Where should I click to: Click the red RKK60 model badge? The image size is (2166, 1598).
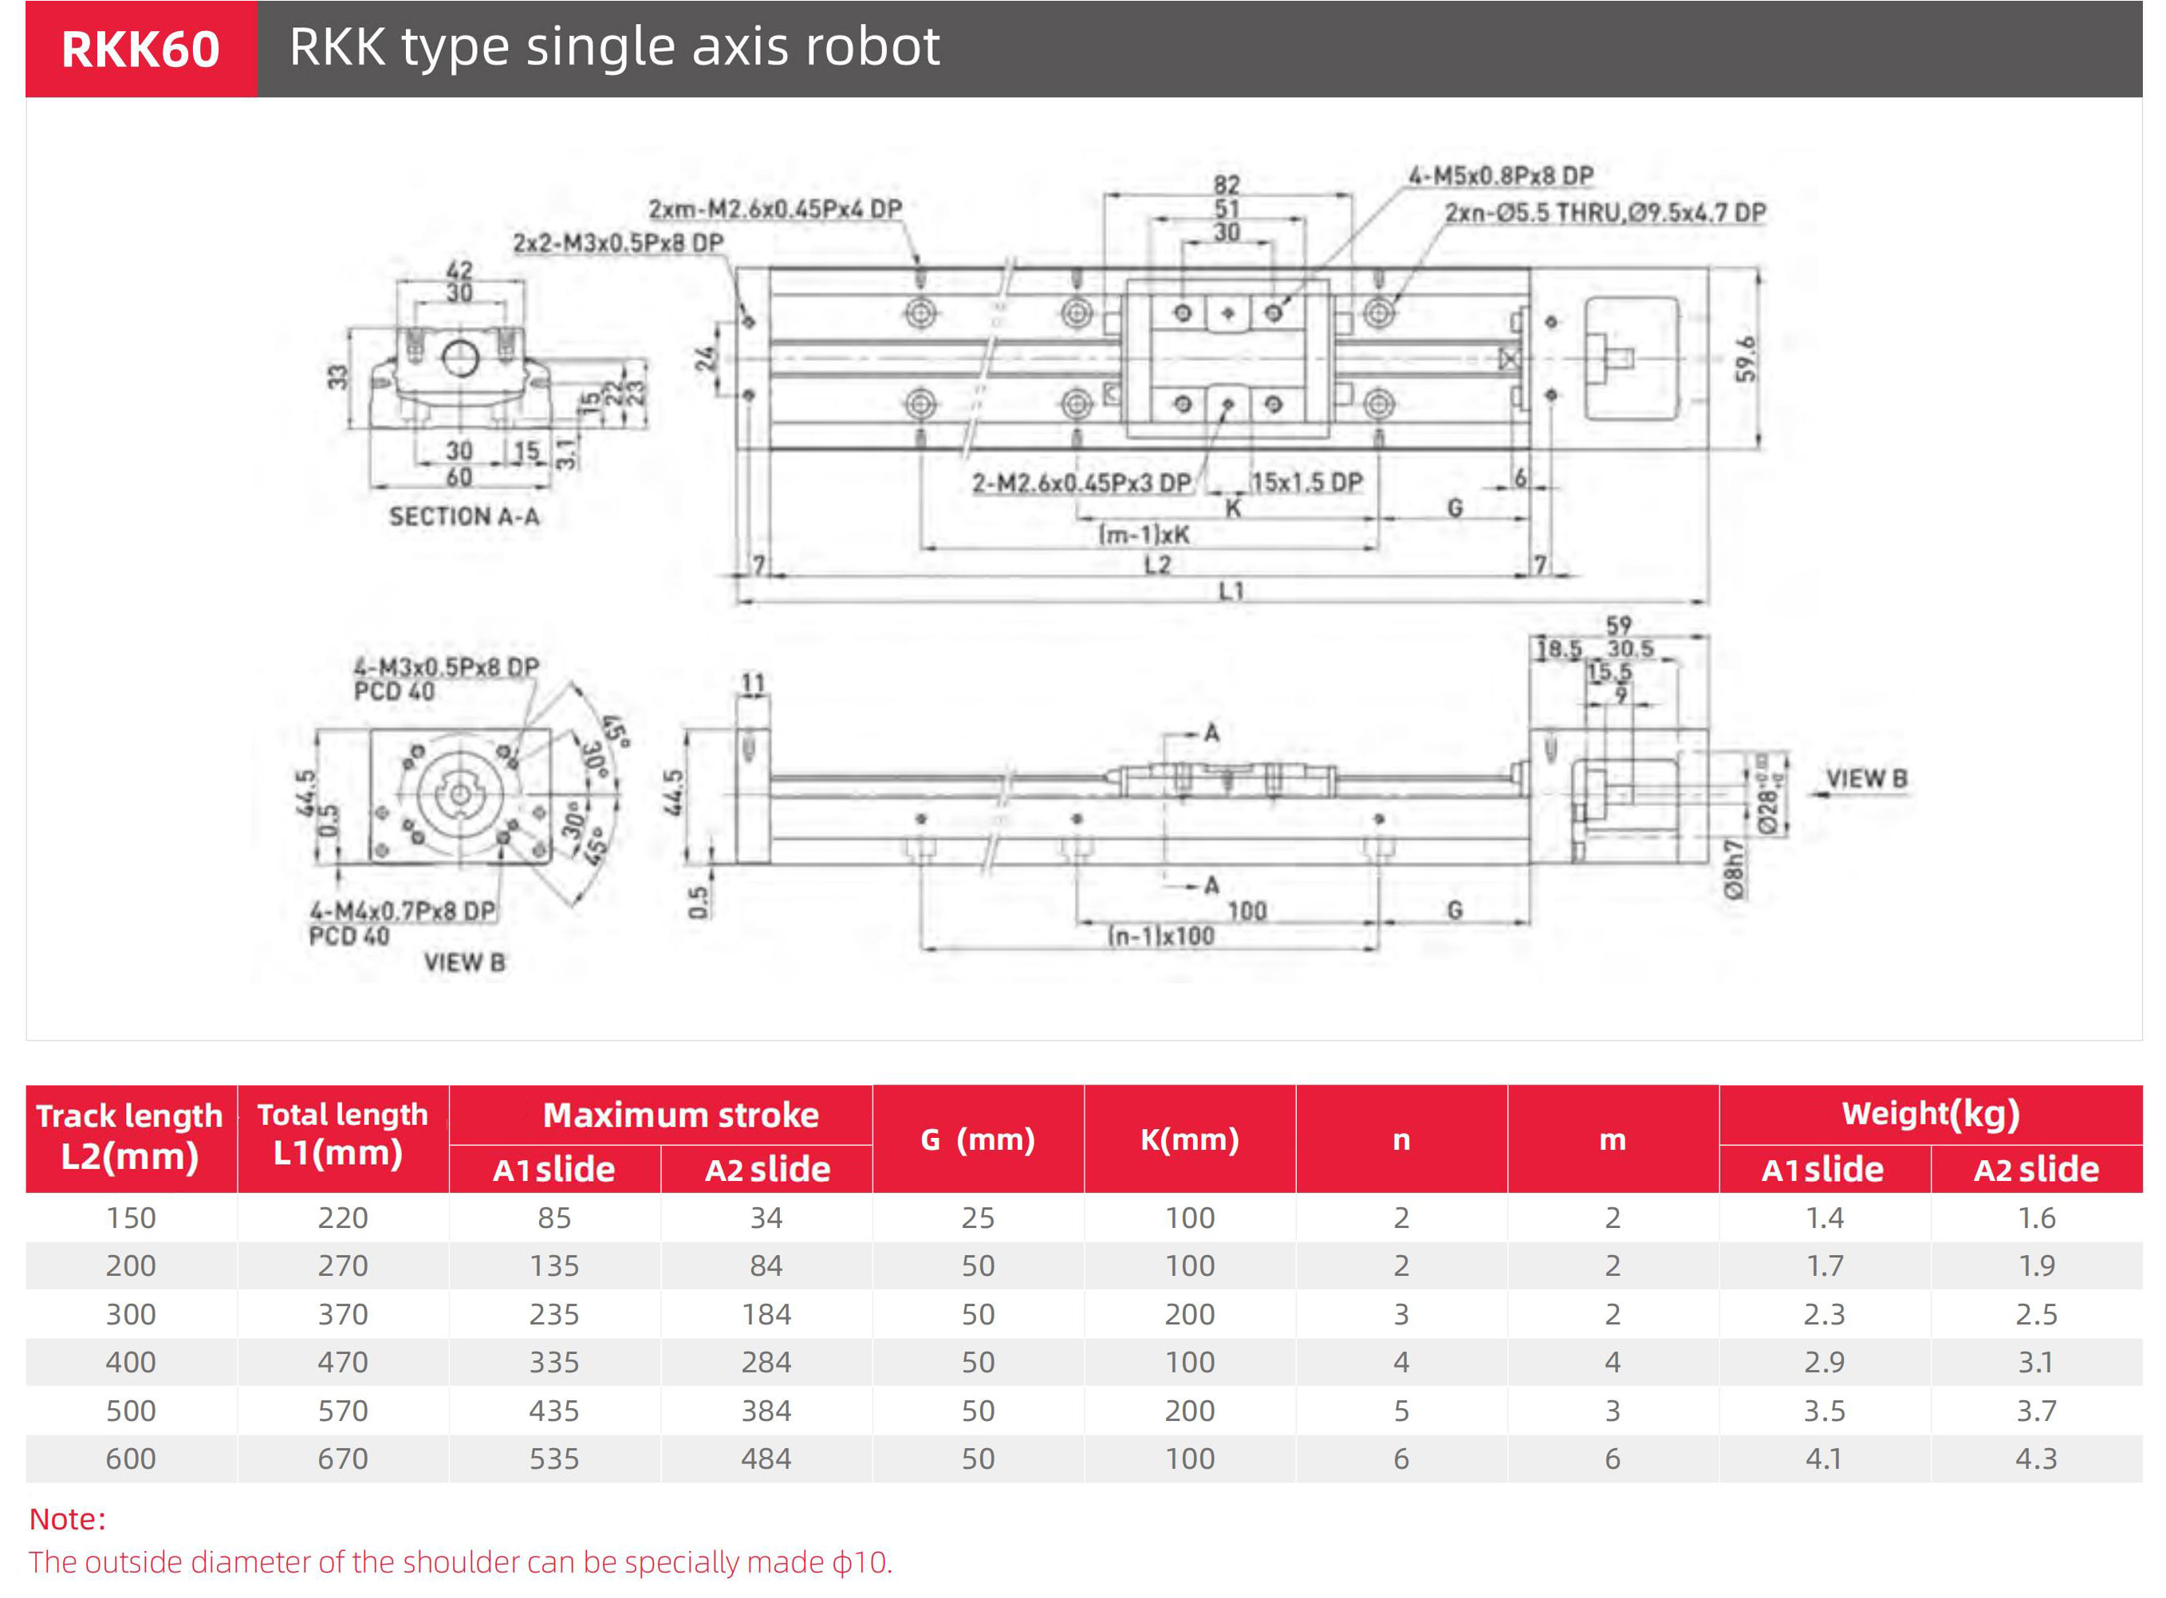(141, 49)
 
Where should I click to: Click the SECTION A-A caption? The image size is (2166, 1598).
(464, 517)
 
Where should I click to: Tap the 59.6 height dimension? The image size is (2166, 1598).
(1744, 359)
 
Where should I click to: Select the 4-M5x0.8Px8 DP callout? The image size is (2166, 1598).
(1500, 176)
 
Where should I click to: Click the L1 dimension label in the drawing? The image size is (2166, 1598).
(1231, 590)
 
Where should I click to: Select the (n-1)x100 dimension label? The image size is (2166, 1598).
(1161, 935)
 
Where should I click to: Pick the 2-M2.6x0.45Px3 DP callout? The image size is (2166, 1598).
(1081, 482)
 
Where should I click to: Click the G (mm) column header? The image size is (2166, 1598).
(977, 1139)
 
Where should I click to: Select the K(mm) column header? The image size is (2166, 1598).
(1189, 1139)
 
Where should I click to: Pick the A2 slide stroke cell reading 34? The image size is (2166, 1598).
(766, 1218)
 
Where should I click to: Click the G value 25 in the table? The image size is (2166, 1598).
(977, 1218)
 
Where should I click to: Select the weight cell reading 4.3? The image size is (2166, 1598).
(2035, 1458)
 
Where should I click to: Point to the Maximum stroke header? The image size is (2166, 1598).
(680, 1116)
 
